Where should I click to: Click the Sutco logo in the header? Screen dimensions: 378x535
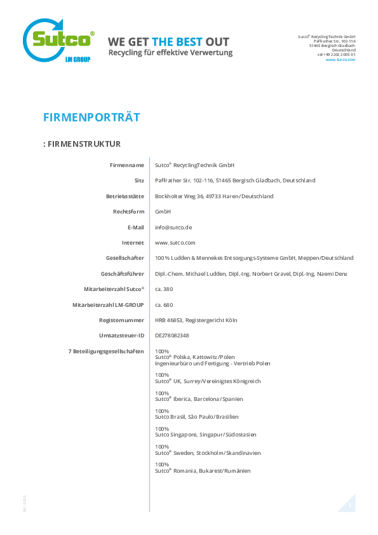(58, 40)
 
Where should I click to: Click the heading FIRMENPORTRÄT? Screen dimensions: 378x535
(91, 118)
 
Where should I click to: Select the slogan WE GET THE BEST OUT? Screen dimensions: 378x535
(168, 42)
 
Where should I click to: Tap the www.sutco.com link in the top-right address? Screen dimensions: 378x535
(340, 60)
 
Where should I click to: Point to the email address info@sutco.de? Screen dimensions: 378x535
(173, 227)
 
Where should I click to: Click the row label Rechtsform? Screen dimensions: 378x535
(128, 212)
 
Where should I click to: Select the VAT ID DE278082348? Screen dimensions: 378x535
(172, 335)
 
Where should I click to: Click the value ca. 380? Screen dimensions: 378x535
(164, 289)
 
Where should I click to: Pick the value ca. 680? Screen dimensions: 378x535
(164, 305)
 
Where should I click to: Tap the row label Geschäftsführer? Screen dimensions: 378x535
(123, 274)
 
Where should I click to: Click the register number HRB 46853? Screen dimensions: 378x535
(168, 320)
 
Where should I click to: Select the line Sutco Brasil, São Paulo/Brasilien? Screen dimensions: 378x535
(196, 417)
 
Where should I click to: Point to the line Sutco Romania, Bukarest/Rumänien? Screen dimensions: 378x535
(203, 471)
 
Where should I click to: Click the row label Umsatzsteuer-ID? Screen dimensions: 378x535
(121, 335)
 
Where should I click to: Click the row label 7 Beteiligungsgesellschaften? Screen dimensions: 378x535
(106, 351)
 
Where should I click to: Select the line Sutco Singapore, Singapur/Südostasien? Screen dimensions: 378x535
(205, 435)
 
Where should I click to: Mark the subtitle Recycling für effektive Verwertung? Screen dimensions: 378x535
(170, 53)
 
